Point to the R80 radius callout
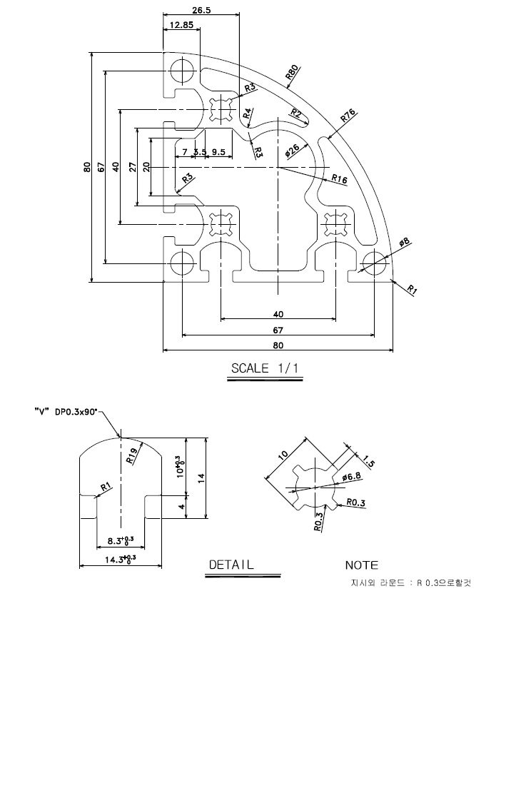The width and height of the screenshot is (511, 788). point(291,72)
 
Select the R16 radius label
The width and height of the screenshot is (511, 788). point(339,180)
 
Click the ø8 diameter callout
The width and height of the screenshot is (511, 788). point(403,243)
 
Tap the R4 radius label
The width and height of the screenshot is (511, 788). point(247,113)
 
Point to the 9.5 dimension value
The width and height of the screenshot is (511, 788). point(218,152)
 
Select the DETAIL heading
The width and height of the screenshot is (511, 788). point(231,565)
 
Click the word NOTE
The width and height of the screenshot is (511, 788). point(361,565)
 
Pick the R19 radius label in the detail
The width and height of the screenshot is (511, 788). point(132,456)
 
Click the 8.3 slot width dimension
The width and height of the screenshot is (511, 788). point(118,540)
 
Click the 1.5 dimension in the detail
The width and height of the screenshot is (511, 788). point(369,460)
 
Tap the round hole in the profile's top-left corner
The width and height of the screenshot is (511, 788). point(182,71)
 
